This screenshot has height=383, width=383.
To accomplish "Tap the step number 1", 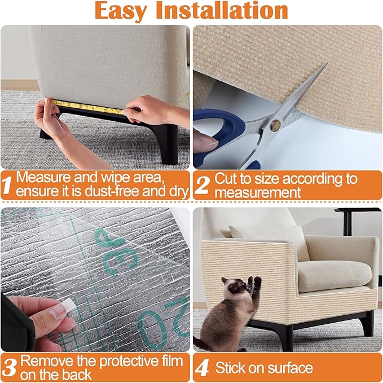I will point(8,184).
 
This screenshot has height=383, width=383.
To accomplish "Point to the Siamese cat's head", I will point(233,287).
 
